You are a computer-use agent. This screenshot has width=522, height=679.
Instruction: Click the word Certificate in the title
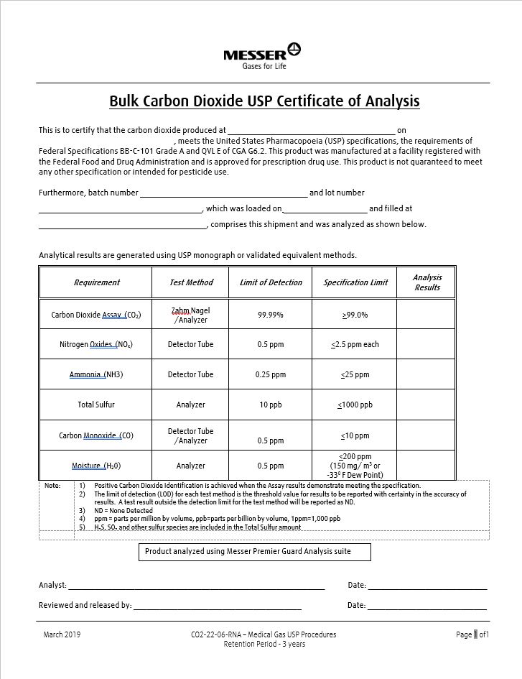pyautogui.click(x=314, y=101)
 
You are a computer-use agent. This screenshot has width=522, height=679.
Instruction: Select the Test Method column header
pyautogui.click(x=191, y=282)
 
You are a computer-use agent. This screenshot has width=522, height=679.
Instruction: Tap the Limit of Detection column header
pyautogui.click(x=271, y=282)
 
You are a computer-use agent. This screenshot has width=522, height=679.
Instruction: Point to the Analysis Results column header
pyautogui.click(x=427, y=282)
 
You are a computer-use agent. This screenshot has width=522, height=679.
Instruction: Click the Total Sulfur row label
pyautogui.click(x=96, y=405)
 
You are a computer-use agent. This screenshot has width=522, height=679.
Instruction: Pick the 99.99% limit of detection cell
pyautogui.click(x=271, y=315)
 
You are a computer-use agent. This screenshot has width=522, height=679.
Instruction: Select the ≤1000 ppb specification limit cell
pyautogui.click(x=355, y=405)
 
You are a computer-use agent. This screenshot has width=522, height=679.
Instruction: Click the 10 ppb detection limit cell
pyautogui.click(x=271, y=405)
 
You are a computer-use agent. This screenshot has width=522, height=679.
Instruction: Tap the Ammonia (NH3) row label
pyautogui.click(x=96, y=374)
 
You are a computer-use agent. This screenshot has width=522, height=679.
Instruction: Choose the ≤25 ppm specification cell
pyautogui.click(x=355, y=374)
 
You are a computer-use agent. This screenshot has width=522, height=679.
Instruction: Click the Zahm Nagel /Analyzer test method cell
pyautogui.click(x=191, y=315)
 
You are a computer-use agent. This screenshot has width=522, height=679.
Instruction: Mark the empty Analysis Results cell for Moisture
pyautogui.click(x=427, y=466)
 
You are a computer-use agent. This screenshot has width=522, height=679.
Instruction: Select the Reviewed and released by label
pyautogui.click(x=85, y=605)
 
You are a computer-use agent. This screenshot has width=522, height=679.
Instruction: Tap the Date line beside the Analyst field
pyautogui.click(x=428, y=586)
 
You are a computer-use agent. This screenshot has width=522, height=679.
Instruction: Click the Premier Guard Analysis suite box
pyautogui.click(x=255, y=552)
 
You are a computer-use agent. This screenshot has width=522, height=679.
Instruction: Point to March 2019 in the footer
pyautogui.click(x=62, y=634)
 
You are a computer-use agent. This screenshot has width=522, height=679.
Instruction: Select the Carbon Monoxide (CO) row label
pyautogui.click(x=96, y=435)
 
